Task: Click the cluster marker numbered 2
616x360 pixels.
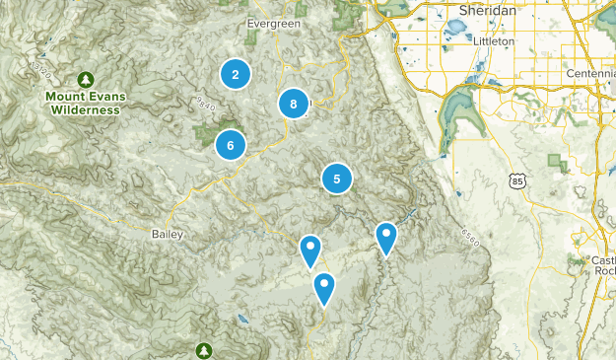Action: click(235, 74)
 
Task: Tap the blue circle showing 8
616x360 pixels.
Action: click(293, 104)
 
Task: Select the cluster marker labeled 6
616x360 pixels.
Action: click(230, 145)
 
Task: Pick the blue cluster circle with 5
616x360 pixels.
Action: click(337, 179)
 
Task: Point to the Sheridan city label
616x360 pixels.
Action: click(489, 10)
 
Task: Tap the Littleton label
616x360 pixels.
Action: click(493, 42)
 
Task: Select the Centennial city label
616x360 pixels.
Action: click(591, 75)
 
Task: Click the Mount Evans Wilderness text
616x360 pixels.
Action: click(83, 104)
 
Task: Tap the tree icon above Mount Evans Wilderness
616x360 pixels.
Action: click(86, 78)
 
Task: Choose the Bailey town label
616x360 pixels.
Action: click(166, 234)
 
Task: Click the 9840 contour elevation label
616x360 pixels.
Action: click(206, 103)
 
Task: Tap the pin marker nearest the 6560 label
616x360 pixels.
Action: click(386, 237)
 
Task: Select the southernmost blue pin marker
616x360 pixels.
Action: click(323, 288)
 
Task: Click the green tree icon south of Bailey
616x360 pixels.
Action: click(204, 350)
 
